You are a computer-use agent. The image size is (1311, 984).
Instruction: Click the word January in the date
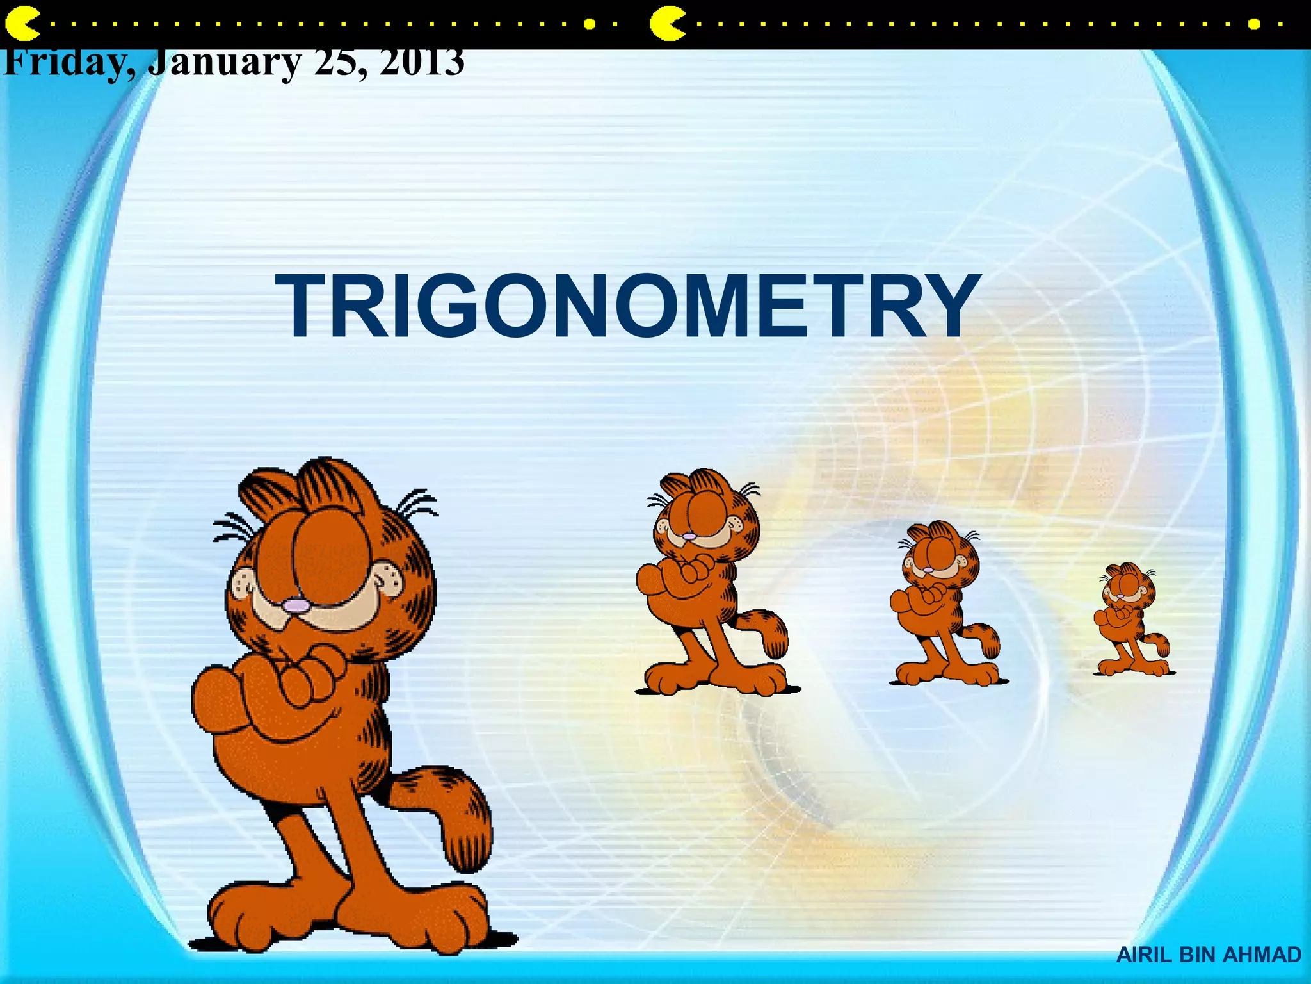click(224, 64)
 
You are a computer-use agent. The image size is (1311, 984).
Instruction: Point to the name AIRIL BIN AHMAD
click(1209, 955)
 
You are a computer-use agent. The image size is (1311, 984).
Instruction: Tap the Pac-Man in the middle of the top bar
click(666, 24)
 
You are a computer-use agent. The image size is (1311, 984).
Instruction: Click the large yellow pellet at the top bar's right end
click(1254, 24)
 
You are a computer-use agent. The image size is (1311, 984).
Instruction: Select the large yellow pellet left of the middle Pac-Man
click(590, 24)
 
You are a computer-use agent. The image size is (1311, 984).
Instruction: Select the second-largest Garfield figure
click(711, 583)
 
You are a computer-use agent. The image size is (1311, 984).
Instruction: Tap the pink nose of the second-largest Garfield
click(689, 536)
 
